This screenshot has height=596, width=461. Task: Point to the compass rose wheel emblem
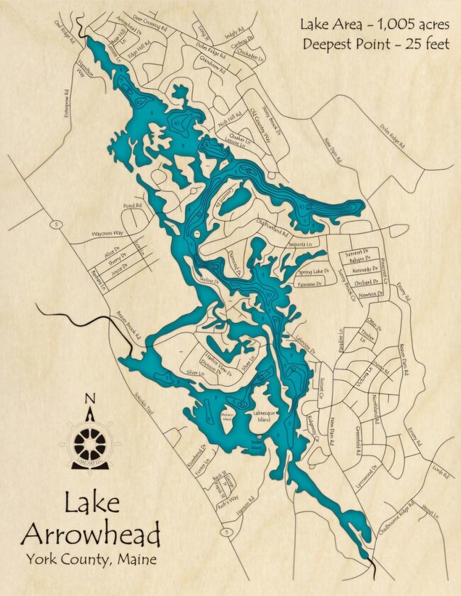(89, 443)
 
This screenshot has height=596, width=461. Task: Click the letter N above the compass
(89, 399)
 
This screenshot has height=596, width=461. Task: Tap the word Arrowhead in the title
(91, 533)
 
